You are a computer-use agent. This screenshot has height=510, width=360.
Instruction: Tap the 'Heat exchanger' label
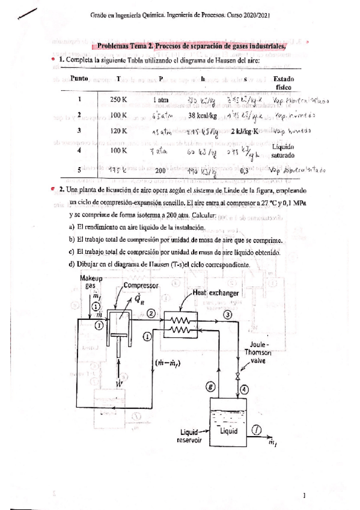point(216,293)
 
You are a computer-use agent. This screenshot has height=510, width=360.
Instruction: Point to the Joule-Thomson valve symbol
point(239,376)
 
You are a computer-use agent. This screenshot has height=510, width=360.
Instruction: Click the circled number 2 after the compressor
point(151,313)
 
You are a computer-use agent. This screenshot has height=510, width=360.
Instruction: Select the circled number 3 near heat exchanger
point(228,314)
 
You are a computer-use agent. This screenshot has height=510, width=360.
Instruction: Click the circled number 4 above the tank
point(245,389)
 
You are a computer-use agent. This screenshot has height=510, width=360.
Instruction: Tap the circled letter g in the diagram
point(210,388)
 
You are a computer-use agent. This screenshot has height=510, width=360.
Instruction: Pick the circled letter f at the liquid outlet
point(257,429)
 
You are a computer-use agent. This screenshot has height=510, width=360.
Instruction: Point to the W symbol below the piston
point(119,382)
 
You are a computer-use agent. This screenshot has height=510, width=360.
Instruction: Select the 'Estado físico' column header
point(283,83)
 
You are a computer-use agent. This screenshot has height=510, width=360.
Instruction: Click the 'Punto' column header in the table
point(79,79)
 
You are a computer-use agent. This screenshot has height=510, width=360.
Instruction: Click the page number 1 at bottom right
point(305,495)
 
